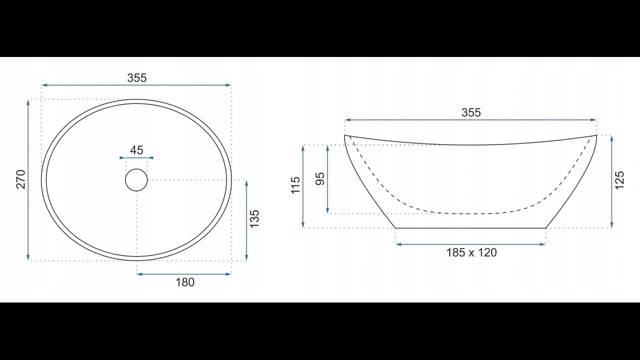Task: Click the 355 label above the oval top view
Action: coord(137,77)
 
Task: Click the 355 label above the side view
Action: coord(471,112)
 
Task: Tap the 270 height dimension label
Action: coord(21,179)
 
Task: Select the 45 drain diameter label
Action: coord(136,150)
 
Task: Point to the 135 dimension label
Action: coord(254,219)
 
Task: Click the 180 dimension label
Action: coord(185,282)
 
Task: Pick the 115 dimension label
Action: coord(295,185)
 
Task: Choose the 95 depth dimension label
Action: coord(320,179)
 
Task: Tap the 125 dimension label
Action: coord(619,180)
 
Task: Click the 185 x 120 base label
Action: coord(471,252)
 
